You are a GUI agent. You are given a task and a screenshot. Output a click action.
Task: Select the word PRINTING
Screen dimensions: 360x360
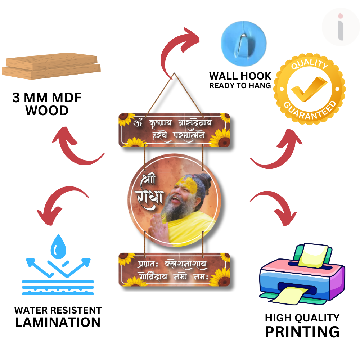point(302,332)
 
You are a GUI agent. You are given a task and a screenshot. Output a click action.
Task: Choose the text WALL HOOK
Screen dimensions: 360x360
point(240,76)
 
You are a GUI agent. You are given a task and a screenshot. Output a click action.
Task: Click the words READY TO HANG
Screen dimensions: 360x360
point(240,86)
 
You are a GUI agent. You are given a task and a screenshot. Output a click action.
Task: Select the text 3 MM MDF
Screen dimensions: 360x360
point(47,98)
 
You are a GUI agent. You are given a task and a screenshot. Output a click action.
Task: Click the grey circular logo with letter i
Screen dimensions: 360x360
point(341,27)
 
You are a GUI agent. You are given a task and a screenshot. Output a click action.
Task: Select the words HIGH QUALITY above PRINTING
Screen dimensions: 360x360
point(302,318)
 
